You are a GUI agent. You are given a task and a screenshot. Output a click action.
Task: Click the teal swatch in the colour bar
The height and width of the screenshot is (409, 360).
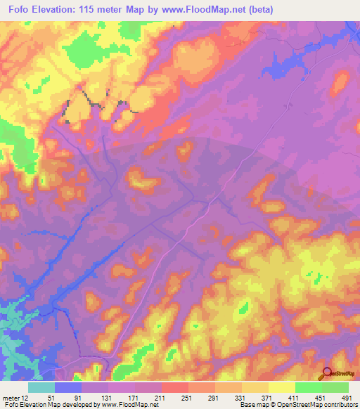point(41,387)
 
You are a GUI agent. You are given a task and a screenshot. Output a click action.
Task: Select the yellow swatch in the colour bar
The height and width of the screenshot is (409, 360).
point(281,387)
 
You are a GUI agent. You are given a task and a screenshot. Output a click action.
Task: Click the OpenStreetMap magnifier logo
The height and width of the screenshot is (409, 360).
point(327,373)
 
